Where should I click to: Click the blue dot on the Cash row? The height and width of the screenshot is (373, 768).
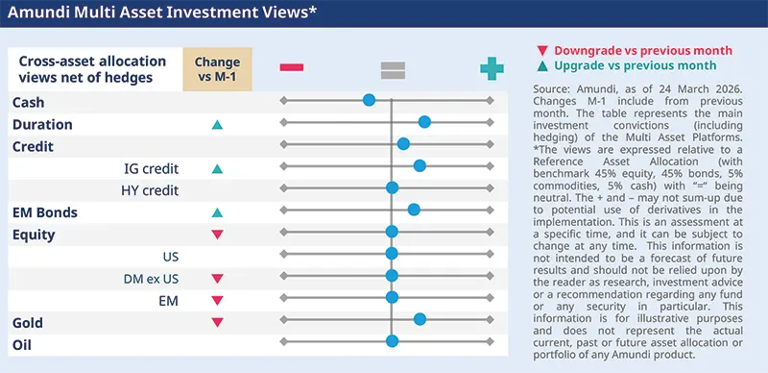tap(369, 100)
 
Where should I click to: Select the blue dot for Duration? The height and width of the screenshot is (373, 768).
tap(424, 122)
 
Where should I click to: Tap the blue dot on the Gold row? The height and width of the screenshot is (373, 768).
tap(420, 319)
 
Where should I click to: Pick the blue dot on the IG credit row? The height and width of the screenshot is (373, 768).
tap(420, 166)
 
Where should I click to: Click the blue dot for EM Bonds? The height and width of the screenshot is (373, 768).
tap(414, 210)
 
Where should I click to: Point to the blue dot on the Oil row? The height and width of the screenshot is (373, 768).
tap(392, 341)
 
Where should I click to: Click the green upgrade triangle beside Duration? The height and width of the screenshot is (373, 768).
tap(217, 125)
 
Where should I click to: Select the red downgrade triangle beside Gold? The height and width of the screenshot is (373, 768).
tap(217, 323)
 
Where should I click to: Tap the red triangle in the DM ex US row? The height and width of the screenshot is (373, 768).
tap(217, 279)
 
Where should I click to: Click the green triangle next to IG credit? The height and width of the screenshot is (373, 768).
tap(217, 169)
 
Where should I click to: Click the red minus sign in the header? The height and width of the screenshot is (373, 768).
tap(292, 68)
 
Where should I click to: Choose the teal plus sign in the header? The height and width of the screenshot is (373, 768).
tap(492, 68)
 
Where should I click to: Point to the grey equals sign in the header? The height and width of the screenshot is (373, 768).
tap(392, 68)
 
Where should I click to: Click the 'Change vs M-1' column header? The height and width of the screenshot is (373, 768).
tap(218, 68)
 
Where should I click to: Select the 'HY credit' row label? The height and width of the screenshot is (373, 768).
tap(150, 190)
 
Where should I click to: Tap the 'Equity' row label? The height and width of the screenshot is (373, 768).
tap(35, 234)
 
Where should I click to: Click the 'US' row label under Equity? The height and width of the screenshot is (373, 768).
tap(170, 257)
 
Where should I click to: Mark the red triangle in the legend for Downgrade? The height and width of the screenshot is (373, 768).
tap(544, 49)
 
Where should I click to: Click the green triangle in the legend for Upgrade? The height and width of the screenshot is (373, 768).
tap(544, 66)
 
